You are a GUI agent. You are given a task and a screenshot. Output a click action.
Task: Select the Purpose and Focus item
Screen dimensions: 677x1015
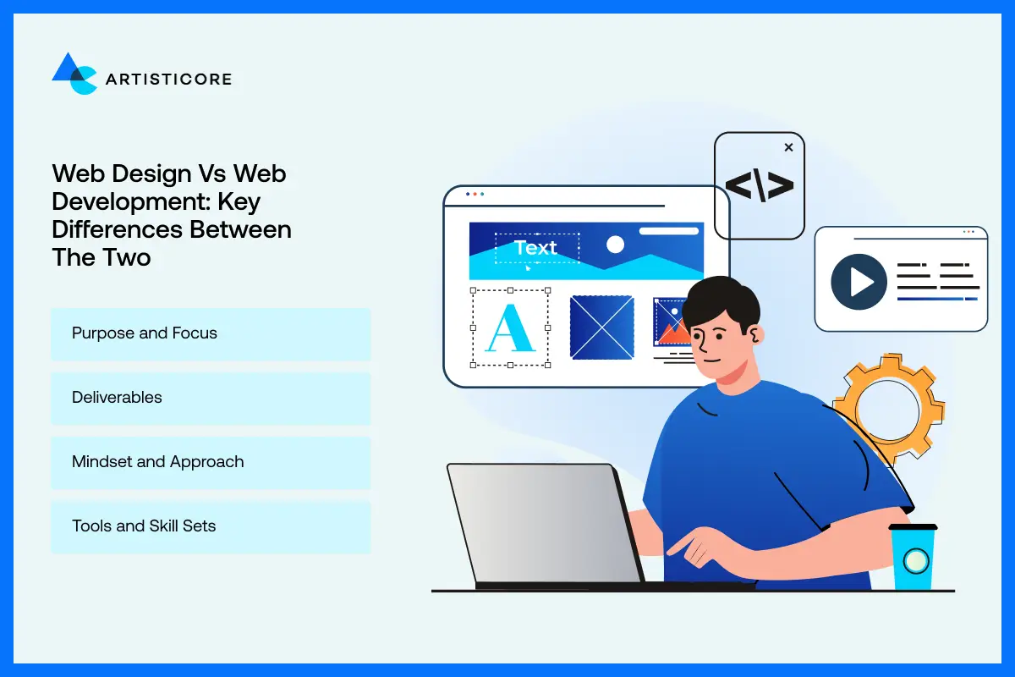211,333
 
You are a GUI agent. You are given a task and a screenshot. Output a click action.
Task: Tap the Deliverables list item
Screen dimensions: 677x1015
211,398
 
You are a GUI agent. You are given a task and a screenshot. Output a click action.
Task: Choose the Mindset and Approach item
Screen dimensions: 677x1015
211,462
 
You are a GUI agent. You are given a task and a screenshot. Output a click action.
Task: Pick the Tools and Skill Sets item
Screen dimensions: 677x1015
211,526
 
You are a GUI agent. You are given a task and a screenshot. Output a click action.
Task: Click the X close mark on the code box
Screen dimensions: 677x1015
788,147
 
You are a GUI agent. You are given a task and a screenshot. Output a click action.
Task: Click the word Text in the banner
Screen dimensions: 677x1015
536,248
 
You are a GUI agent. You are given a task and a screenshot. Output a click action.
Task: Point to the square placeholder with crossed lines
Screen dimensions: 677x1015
601,327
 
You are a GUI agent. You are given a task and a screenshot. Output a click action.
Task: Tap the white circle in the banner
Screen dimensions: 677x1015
615,245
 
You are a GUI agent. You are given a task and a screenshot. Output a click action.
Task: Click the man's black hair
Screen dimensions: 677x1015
719,300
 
